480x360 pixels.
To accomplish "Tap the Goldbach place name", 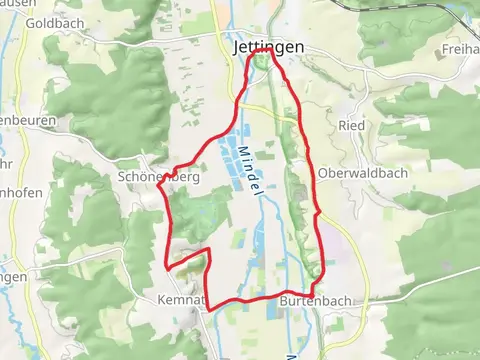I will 47,22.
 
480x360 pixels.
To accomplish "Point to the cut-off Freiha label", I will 460,48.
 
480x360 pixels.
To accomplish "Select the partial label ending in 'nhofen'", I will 22,186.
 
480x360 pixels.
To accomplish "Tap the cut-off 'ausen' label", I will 16,3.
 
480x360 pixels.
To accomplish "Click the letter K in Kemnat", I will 161,300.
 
